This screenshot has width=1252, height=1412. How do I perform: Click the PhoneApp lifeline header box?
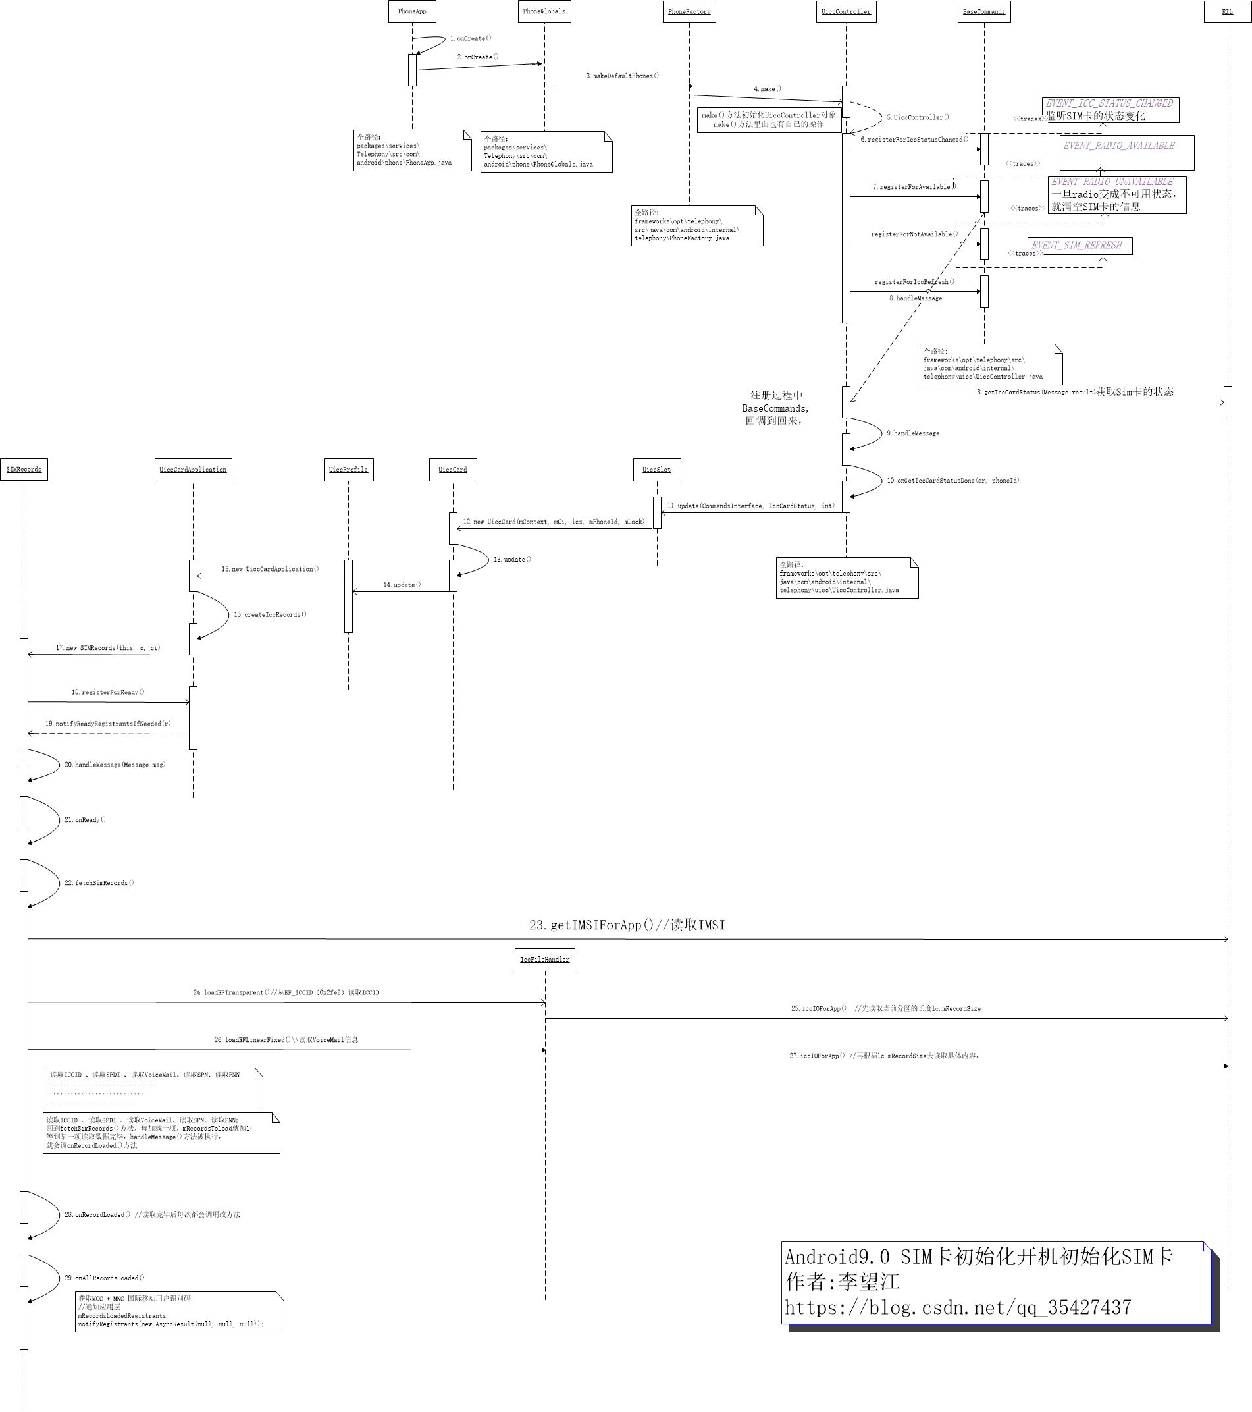tap(412, 12)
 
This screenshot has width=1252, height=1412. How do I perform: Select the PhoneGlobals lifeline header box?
tap(544, 12)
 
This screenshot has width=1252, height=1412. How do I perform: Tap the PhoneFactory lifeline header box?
tap(689, 12)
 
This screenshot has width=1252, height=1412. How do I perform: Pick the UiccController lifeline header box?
tap(846, 12)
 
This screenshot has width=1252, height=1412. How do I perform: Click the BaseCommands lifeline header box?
tap(984, 12)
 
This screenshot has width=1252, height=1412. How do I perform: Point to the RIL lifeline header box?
tap(1227, 12)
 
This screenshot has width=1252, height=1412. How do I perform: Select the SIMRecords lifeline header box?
tap(24, 470)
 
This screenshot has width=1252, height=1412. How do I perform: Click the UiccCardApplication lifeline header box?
tap(193, 470)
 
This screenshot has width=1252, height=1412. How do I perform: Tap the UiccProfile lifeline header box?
tap(349, 470)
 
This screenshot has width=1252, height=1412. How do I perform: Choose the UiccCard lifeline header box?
tap(453, 470)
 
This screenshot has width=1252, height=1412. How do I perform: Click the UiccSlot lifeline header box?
tap(657, 470)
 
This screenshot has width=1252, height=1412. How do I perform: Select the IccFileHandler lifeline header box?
tap(545, 960)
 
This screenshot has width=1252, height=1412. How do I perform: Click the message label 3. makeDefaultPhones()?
tap(622, 76)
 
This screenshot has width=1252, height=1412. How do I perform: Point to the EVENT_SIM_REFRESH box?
tap(1080, 245)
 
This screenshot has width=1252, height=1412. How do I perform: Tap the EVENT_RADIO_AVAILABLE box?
tap(1127, 153)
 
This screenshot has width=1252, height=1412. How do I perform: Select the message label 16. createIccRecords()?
tap(270, 615)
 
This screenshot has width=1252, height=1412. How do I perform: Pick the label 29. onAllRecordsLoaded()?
tap(104, 1278)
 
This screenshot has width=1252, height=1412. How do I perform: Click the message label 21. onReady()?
tap(85, 820)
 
